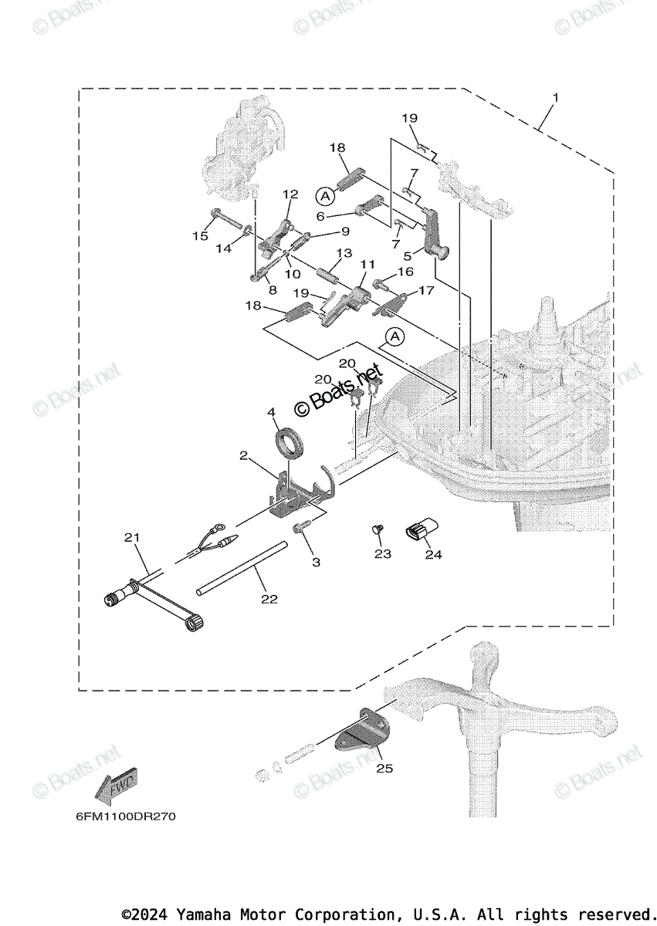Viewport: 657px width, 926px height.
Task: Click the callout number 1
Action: click(555, 98)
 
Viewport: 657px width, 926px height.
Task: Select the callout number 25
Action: click(384, 769)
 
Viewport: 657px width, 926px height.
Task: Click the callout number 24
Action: click(433, 555)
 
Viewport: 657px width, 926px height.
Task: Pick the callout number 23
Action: click(383, 553)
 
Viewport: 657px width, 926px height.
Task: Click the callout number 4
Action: click(272, 413)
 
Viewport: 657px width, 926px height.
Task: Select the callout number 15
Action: click(201, 236)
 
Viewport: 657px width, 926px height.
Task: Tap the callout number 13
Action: click(344, 253)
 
